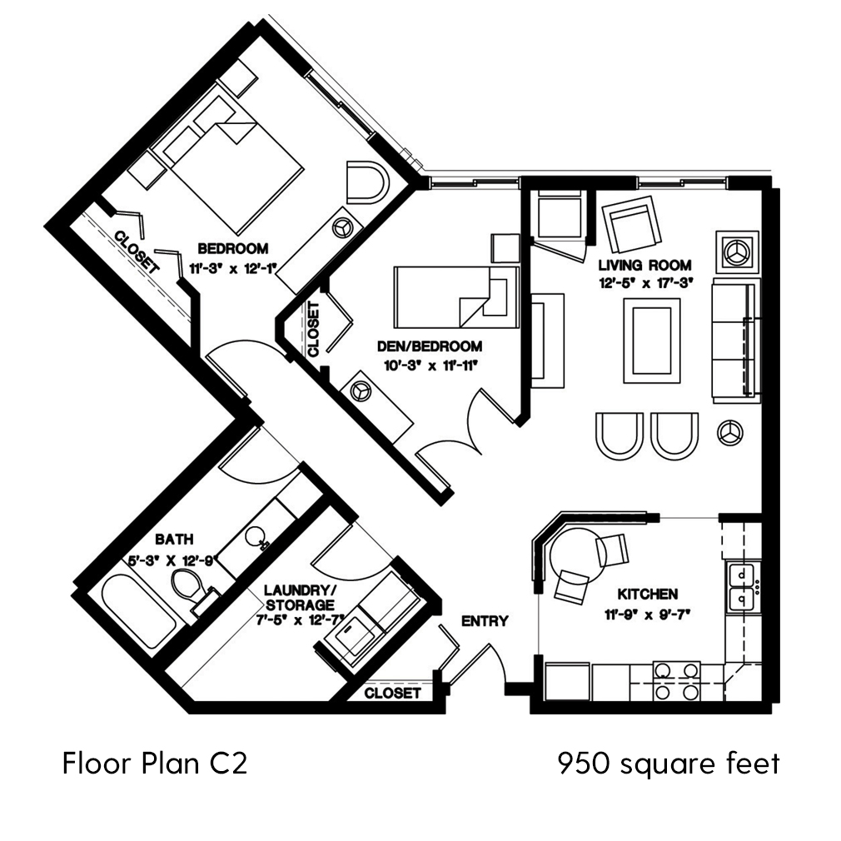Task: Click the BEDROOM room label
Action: tap(232, 248)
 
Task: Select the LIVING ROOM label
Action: tap(645, 265)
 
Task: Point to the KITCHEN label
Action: tap(647, 595)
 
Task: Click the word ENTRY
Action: tap(485, 620)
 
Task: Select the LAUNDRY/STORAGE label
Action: tap(299, 597)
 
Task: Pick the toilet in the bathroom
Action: tap(189, 587)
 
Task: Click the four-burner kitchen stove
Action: tap(676, 680)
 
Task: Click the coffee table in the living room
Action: tap(650, 340)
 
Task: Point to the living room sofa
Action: tap(735, 337)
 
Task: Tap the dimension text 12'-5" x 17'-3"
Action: tap(645, 283)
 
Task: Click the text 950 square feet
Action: tap(669, 762)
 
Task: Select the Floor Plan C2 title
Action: tap(154, 763)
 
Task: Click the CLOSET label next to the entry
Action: tap(392, 693)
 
